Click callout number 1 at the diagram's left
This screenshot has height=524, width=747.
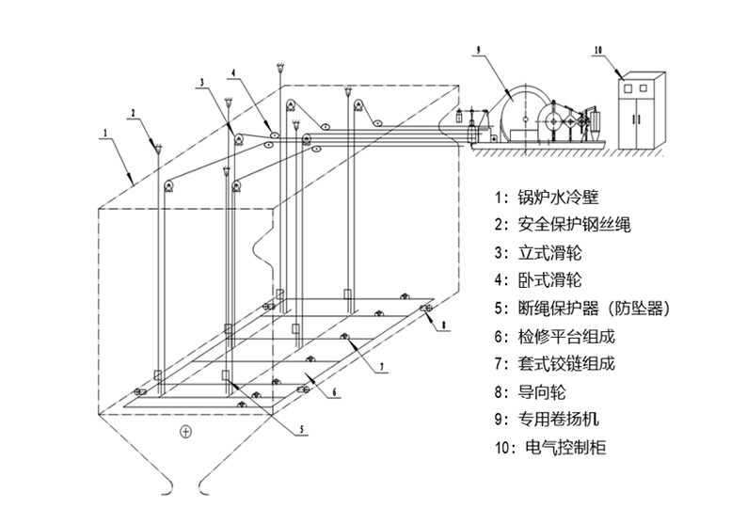105,133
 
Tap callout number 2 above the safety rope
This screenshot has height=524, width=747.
134,113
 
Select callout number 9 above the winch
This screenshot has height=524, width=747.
478,49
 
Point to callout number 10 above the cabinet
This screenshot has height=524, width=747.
598,50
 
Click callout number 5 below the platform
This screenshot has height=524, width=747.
302,429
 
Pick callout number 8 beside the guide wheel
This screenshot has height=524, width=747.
443,326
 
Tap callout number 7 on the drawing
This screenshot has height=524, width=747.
381,367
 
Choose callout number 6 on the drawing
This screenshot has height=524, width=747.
334,392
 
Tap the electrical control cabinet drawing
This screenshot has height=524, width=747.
642,110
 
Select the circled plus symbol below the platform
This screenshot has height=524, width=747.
185,432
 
